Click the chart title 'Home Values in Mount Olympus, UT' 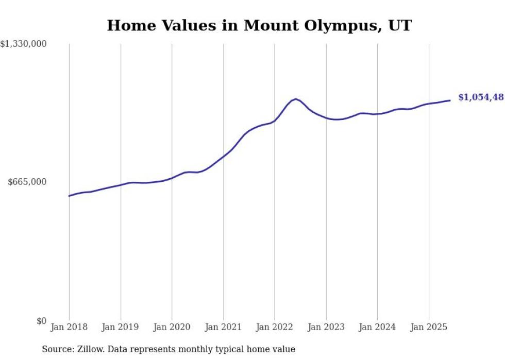[x=259, y=25]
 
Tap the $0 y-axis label [x=41, y=321]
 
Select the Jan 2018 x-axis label [x=69, y=327]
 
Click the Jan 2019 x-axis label [x=121, y=327]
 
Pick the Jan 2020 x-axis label [x=172, y=327]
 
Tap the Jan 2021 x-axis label [x=223, y=327]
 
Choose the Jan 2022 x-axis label [x=275, y=327]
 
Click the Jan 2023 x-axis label [x=326, y=327]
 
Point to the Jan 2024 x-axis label [x=377, y=327]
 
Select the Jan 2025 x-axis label [x=429, y=327]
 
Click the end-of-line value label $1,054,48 [x=481, y=97]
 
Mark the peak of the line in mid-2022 [x=295, y=99]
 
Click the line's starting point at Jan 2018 [x=69, y=196]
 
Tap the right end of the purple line [x=450, y=100]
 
